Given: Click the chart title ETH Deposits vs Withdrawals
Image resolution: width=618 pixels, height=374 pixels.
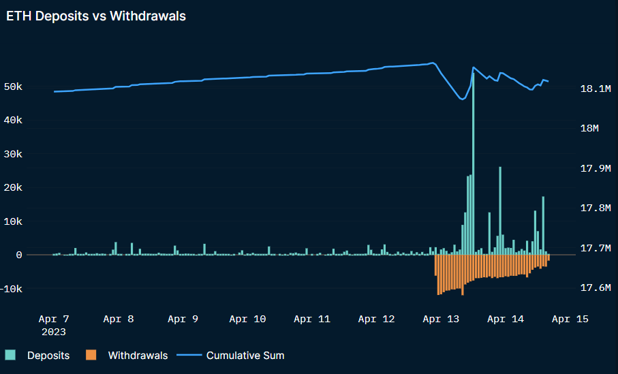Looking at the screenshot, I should tap(96, 17).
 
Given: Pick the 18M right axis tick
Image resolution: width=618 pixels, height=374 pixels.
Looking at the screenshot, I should tap(588, 129).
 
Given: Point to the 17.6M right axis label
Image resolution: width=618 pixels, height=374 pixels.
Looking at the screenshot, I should tap(594, 288).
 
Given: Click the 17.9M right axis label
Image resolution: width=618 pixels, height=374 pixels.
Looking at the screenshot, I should tap(594, 168).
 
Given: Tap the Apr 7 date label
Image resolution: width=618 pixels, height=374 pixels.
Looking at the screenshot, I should tap(54, 319).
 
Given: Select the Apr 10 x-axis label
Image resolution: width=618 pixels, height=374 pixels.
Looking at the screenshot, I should tap(247, 319).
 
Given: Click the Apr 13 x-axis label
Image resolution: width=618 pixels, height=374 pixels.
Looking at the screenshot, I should tap(442, 319).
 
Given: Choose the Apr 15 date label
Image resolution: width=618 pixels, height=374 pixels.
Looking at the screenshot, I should tap(570, 319).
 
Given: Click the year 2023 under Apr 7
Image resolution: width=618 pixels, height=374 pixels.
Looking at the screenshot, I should tap(54, 332).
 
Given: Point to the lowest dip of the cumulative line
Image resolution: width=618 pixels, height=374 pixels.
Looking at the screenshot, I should tap(461, 99).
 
